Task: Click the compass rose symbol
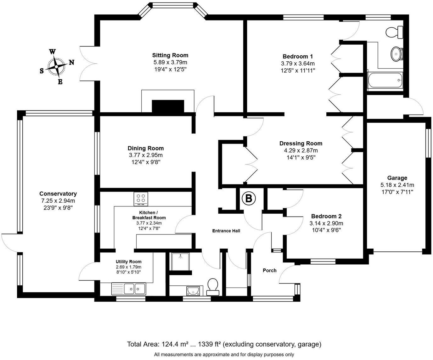point(56,67)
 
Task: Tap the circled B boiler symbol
point(249,199)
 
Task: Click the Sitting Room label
point(170,55)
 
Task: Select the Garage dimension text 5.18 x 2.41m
point(397,185)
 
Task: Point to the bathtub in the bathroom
point(385,81)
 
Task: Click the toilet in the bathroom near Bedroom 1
point(394,32)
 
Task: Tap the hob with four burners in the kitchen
point(141,199)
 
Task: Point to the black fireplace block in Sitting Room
point(168,106)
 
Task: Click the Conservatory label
point(58,194)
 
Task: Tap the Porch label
point(269,270)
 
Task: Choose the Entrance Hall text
point(226,231)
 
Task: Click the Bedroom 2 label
point(326,216)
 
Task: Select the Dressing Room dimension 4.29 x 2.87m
point(301,150)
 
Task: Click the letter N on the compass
point(71,62)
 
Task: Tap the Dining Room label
point(145,148)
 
